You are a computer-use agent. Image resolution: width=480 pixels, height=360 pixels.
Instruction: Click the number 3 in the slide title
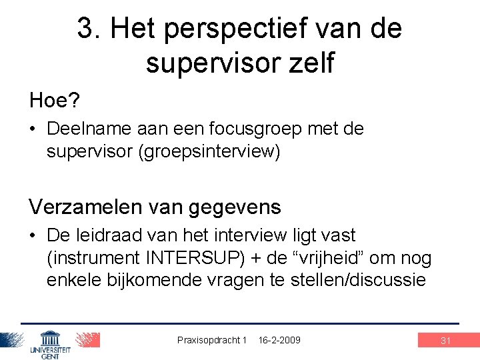pos(85,28)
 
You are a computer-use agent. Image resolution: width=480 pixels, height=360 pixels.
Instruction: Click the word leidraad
pos(107,235)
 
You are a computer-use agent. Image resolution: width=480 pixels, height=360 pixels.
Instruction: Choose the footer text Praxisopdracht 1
pos(212,340)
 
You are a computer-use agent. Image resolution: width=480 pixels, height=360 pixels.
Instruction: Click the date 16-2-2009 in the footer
pos(279,340)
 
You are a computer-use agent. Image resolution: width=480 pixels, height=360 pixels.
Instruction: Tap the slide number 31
pos(446,341)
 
